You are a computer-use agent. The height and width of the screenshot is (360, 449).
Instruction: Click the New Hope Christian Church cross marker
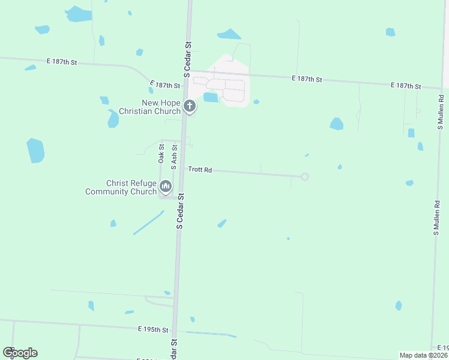(190, 107)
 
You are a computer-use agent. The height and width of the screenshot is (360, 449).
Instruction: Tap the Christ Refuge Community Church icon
(166, 187)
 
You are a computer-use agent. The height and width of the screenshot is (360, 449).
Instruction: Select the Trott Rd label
(200, 170)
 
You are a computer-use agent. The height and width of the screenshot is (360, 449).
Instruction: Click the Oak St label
(161, 153)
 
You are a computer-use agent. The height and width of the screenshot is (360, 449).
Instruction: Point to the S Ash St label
(174, 154)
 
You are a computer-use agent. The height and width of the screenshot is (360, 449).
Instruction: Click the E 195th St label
(154, 329)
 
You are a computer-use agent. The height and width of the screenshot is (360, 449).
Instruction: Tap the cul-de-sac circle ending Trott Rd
(304, 176)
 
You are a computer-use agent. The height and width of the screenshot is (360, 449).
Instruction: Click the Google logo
(20, 353)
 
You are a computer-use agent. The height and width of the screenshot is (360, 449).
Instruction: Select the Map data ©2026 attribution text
(423, 355)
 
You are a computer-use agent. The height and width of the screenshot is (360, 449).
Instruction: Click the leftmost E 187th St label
(62, 61)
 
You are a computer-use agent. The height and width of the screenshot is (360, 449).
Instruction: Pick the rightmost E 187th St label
(406, 86)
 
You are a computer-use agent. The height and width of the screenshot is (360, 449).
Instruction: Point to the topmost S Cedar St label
(188, 59)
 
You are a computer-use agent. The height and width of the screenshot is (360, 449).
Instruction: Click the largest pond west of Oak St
(35, 151)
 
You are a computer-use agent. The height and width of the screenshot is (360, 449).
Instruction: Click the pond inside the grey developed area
(211, 97)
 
